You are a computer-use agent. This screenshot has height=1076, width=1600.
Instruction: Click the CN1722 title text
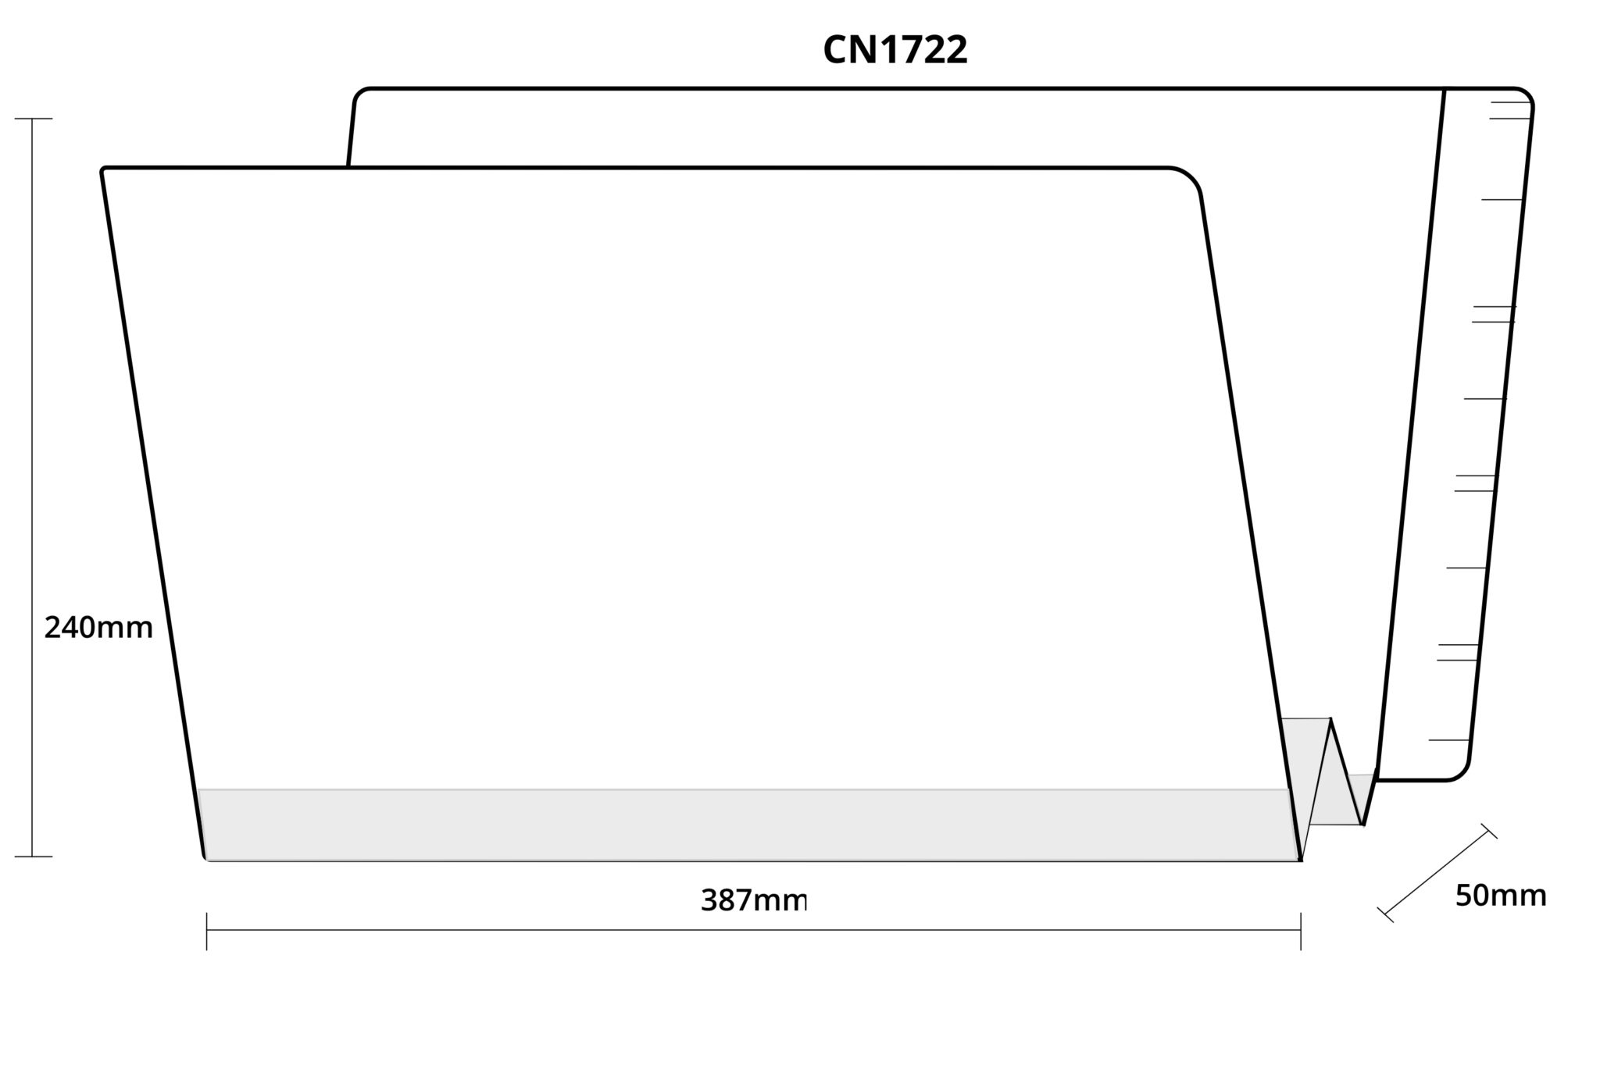coord(895,50)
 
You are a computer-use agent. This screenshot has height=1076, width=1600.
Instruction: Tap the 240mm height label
coord(98,628)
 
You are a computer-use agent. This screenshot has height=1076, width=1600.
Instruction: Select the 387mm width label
coord(753,900)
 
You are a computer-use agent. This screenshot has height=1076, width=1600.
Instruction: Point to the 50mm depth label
coord(1500,896)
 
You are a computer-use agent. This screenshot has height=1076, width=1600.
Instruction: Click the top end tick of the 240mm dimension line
coord(33,119)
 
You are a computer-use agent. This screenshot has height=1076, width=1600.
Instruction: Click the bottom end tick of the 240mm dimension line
coord(33,857)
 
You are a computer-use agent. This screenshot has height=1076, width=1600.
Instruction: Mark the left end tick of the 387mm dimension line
coord(206,931)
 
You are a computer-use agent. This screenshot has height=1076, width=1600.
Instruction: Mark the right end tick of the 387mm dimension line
coord(1301,931)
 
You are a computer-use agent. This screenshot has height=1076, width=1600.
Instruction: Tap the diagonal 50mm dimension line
coord(1437,873)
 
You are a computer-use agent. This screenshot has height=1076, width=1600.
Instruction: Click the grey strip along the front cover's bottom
coord(746,825)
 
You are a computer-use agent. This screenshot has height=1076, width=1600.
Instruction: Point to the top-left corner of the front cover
coord(103,169)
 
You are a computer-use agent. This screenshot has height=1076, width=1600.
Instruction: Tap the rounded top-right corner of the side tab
coord(1525,95)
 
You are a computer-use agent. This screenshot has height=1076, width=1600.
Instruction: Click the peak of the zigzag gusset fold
coord(1331,719)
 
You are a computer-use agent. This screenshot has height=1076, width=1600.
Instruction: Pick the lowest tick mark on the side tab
coord(1449,739)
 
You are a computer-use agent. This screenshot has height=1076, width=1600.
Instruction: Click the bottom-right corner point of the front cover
coord(1300,860)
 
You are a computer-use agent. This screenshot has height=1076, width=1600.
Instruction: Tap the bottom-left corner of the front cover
coord(205,859)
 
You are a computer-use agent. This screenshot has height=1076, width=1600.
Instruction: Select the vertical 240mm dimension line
coord(33,487)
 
